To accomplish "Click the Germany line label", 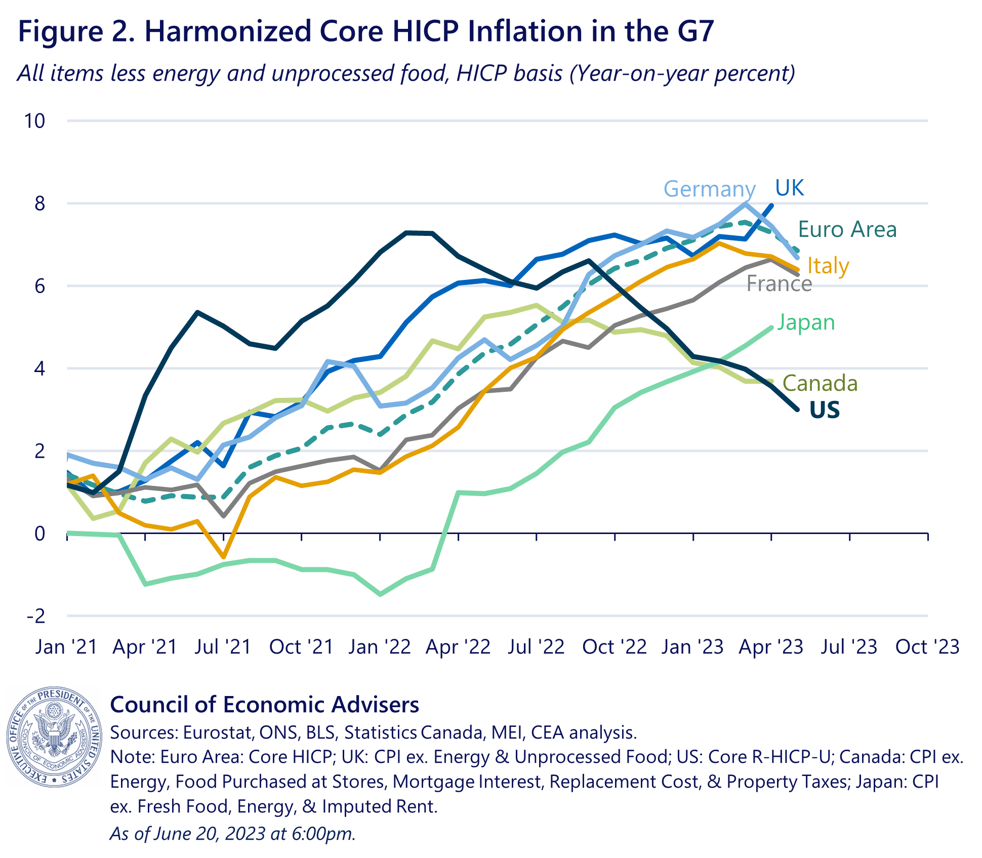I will tap(709, 189).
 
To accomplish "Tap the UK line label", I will tap(789, 188).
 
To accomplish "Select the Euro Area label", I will tap(847, 229).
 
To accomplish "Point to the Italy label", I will tap(828, 266).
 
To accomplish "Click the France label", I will tap(779, 284).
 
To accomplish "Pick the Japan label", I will tap(805, 322).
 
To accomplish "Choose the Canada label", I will tap(820, 384).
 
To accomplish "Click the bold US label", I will tap(824, 410).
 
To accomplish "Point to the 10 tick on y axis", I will tap(34, 121).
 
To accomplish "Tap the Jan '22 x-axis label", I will tap(380, 647).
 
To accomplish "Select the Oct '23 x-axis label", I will tap(927, 647).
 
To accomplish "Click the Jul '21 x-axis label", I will tap(223, 647).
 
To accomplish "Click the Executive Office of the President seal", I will tap(55, 737).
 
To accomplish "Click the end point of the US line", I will tap(797, 409).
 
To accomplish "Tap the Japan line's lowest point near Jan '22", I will tap(380, 594).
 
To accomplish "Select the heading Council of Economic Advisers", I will tap(264, 705).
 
